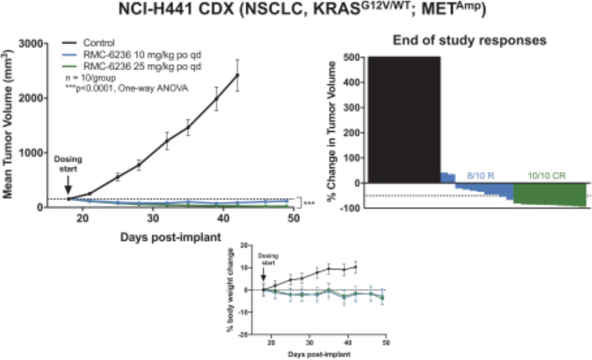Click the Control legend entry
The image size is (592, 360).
[99, 43]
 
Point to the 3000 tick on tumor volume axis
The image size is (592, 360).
[31, 43]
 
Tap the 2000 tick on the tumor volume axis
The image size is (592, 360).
[31, 98]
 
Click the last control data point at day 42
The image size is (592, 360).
[237, 75]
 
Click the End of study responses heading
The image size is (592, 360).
[469, 40]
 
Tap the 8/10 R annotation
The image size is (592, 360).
[480, 176]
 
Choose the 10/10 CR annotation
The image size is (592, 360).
[546, 176]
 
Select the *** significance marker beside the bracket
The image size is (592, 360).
[309, 203]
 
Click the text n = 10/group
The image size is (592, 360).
[90, 78]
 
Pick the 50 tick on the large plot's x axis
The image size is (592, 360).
[293, 218]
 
